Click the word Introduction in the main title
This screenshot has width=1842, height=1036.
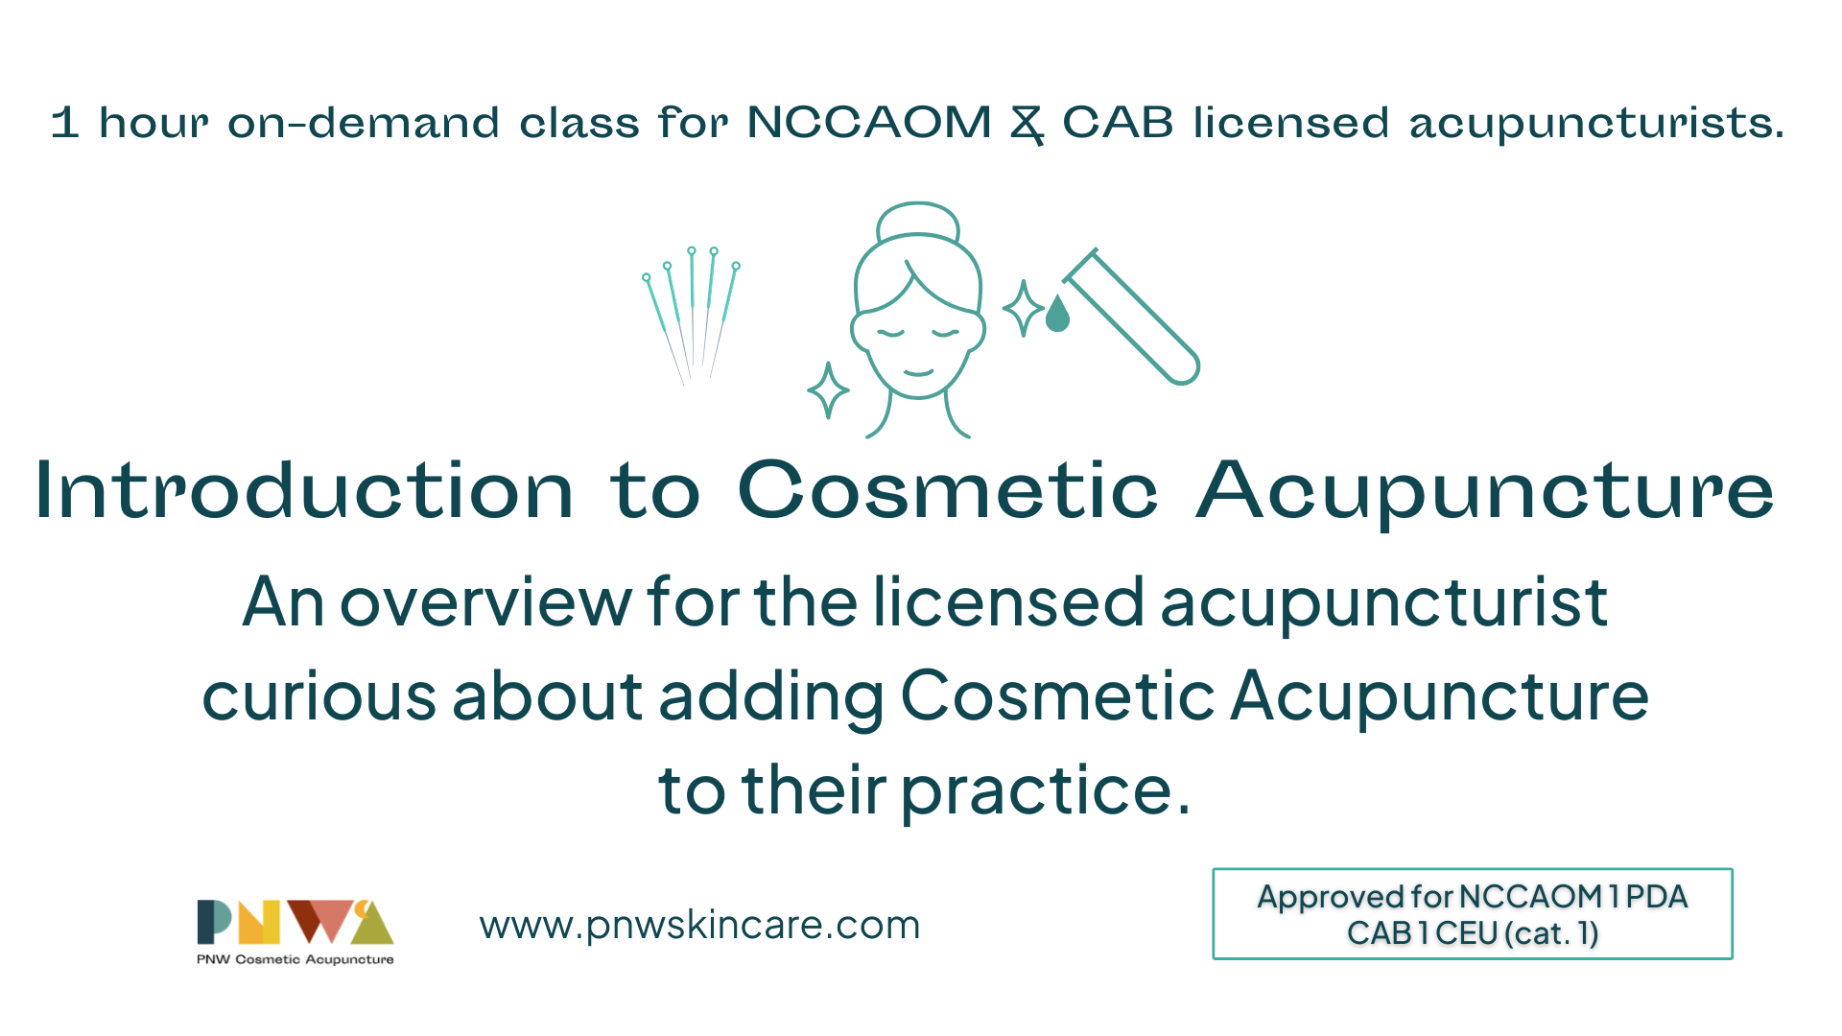click(304, 491)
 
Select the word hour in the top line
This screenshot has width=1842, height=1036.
click(153, 123)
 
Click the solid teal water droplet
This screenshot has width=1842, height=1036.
click(1057, 313)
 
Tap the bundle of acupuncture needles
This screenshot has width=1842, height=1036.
click(692, 316)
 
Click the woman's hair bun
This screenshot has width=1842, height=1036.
click(918, 221)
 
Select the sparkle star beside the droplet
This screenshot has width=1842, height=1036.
click(1023, 308)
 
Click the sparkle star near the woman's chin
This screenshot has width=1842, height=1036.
click(828, 390)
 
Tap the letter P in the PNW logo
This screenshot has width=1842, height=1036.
click(215, 922)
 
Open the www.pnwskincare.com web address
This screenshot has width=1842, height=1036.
click(699, 925)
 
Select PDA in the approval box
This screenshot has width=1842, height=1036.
click(1657, 896)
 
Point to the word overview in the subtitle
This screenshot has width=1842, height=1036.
click(486, 603)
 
